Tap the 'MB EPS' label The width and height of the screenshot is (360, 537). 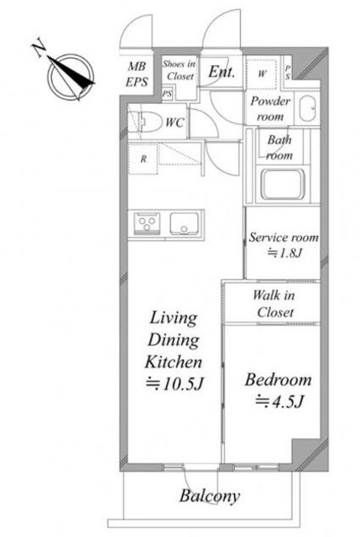137,74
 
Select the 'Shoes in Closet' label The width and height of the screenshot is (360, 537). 179,70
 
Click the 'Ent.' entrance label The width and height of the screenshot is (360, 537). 222,71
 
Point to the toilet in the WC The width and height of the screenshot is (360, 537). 148,122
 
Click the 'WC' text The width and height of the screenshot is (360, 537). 175,123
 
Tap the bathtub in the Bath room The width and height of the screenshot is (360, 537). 283,184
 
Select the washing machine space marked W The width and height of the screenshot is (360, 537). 262,74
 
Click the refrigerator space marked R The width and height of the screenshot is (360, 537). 143,159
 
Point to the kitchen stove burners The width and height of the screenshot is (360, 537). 147,223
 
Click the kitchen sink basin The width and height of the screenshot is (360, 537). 185,224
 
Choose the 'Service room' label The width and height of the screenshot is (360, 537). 284,237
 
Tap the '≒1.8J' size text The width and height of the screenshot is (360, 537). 284,253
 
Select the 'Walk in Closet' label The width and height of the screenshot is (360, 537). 274,304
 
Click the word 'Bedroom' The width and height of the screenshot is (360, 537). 278,380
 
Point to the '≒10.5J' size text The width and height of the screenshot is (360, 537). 175,384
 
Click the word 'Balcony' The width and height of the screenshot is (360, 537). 210,496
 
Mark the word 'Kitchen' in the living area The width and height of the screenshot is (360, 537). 174,362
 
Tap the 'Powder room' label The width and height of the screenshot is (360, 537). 270,108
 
